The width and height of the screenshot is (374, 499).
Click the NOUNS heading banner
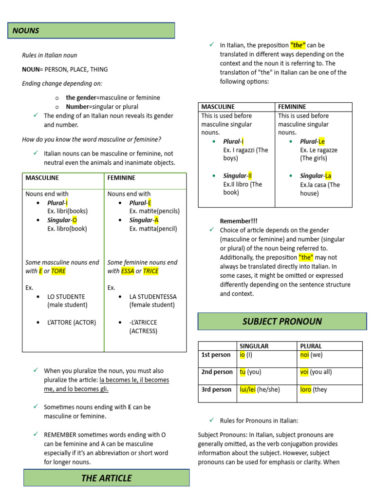click(91, 31)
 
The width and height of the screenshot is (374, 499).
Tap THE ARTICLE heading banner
click(106, 478)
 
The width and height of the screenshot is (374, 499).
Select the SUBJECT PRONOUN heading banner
click(282, 322)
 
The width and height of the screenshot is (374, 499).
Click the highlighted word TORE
click(58, 271)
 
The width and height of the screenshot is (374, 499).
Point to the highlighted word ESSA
click(128, 271)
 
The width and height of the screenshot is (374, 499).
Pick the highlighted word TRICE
click(151, 271)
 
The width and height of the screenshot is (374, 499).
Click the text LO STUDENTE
click(66, 296)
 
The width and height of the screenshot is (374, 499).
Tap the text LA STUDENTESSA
click(153, 296)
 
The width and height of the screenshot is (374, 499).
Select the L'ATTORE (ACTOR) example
click(72, 322)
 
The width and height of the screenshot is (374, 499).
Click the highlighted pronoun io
click(243, 355)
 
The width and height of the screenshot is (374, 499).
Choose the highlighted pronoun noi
click(304, 355)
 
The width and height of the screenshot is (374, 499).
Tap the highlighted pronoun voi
click(304, 372)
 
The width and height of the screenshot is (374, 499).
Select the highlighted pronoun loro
click(305, 389)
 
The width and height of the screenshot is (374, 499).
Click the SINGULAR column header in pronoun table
click(254, 346)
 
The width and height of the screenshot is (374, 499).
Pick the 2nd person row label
click(217, 372)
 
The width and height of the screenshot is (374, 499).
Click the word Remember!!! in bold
click(239, 221)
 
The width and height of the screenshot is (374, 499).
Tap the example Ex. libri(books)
click(67, 211)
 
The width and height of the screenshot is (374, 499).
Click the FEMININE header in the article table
click(292, 107)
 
